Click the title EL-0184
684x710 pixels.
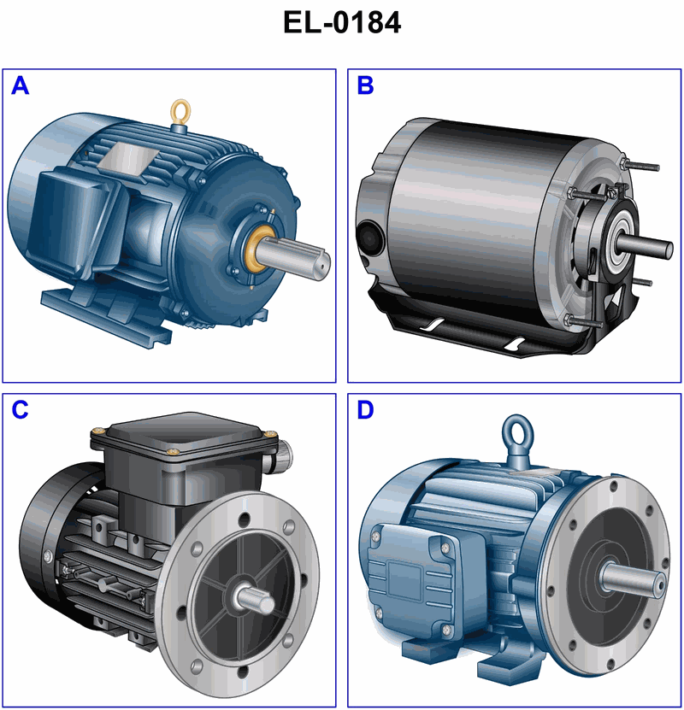341,22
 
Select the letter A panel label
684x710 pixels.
21,85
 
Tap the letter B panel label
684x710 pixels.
365,85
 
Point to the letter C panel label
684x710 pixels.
20,410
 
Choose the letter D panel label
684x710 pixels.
365,410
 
